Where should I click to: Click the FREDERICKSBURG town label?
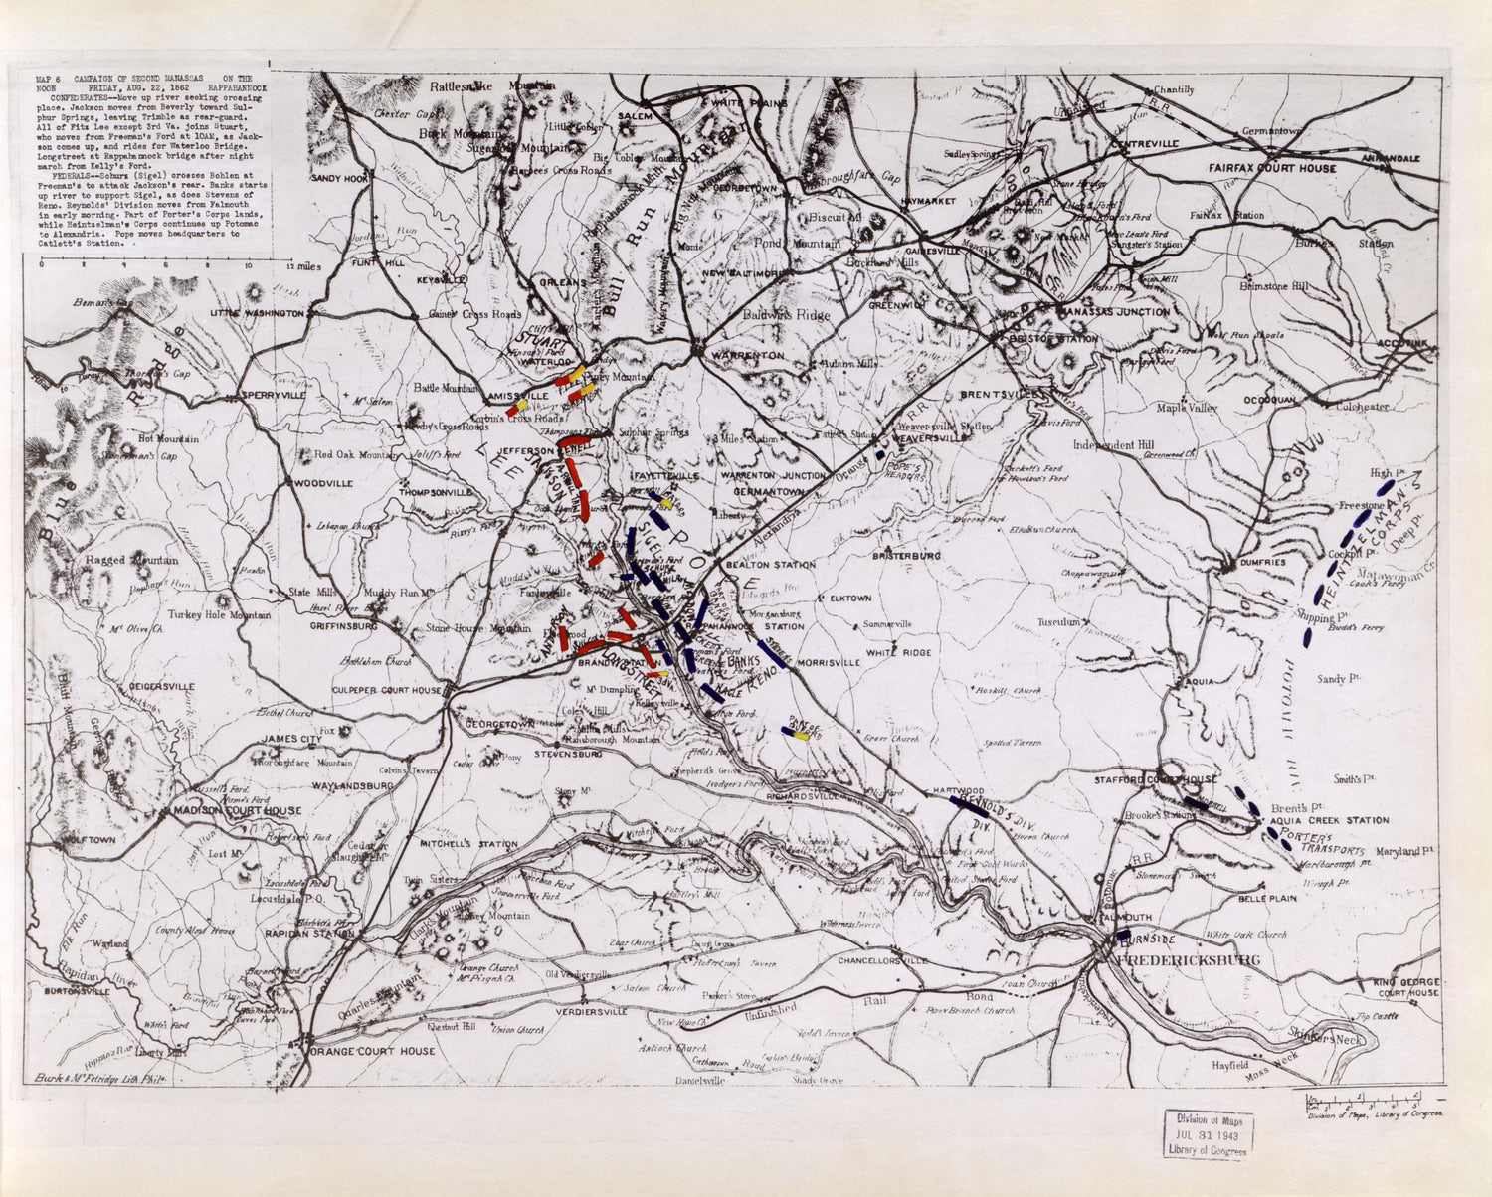coord(1189,960)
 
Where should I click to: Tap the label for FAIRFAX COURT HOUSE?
coord(1272,168)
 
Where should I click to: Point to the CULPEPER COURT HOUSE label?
coord(386,690)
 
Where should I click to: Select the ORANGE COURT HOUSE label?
coord(372,1051)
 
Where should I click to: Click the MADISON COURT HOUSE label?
coord(238,810)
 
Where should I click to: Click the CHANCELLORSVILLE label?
coord(882,961)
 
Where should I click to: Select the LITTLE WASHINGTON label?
coord(257,313)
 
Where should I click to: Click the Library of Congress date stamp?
coord(1207,1134)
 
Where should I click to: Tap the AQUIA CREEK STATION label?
coord(1339,821)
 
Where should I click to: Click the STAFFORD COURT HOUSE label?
coord(1156,780)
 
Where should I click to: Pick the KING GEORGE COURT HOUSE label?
coord(1406,987)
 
